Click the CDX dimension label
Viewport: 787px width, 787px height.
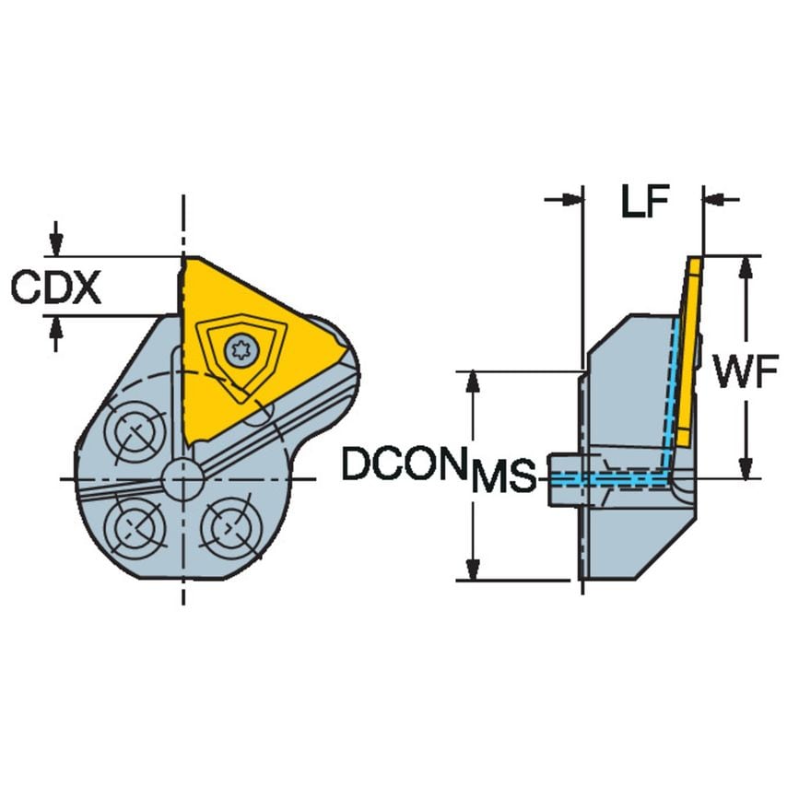pyautogui.click(x=55, y=288)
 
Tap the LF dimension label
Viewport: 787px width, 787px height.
pyautogui.click(x=643, y=202)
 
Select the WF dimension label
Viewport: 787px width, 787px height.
pyautogui.click(x=740, y=376)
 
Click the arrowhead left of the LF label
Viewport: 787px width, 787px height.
pyautogui.click(x=572, y=199)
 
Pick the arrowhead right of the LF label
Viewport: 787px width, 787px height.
pyautogui.click(x=714, y=199)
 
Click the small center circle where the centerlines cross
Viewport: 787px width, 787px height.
pyautogui.click(x=182, y=478)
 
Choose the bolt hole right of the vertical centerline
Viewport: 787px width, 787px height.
pyautogui.click(x=225, y=528)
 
